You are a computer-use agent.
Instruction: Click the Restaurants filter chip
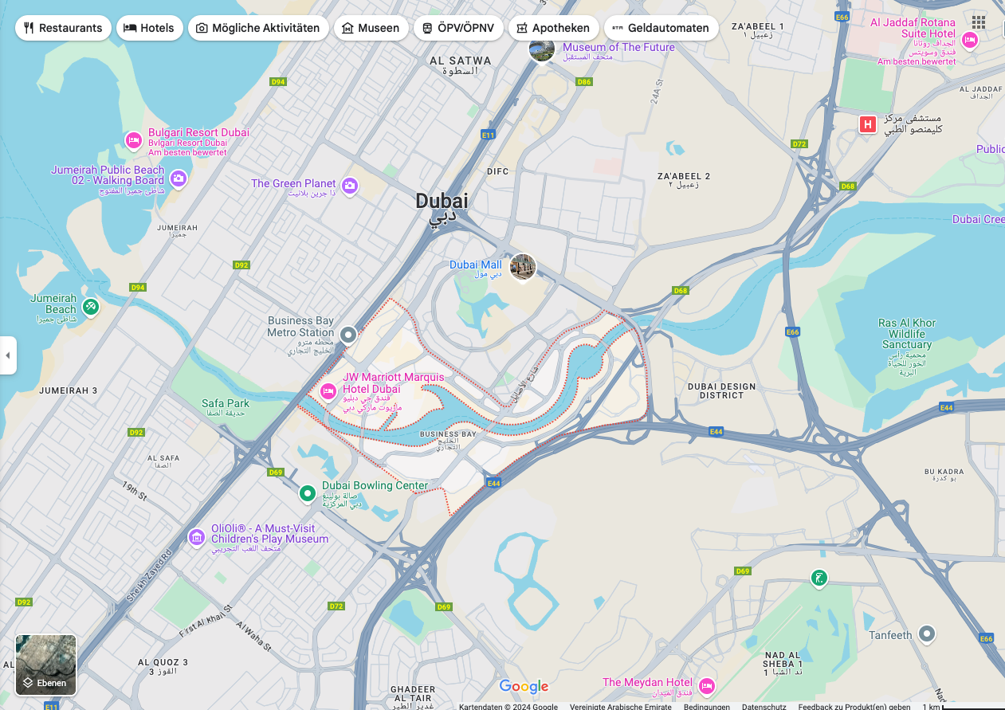tap(63, 28)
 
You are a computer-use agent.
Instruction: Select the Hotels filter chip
tap(149, 28)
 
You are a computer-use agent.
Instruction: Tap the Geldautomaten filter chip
tap(661, 28)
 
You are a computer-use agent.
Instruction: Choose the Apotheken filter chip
tap(552, 28)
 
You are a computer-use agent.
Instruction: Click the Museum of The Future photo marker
tap(542, 49)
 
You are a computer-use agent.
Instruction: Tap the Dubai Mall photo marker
tap(523, 267)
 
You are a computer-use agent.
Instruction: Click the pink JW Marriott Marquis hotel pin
tap(328, 391)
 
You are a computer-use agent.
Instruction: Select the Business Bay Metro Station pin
tap(347, 335)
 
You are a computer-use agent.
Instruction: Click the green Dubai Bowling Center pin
tap(308, 494)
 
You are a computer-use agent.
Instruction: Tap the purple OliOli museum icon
tap(197, 538)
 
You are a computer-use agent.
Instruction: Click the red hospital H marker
tap(868, 124)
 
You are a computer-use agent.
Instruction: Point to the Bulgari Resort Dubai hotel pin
tap(134, 141)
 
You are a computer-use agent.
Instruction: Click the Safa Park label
tap(226, 403)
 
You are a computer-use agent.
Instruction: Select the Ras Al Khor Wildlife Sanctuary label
tap(906, 334)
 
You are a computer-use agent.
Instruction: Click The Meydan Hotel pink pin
tap(706, 685)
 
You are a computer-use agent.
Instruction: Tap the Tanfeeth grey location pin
tap(926, 634)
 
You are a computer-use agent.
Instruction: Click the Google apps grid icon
tap(978, 22)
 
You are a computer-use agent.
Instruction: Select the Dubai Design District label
tap(721, 390)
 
